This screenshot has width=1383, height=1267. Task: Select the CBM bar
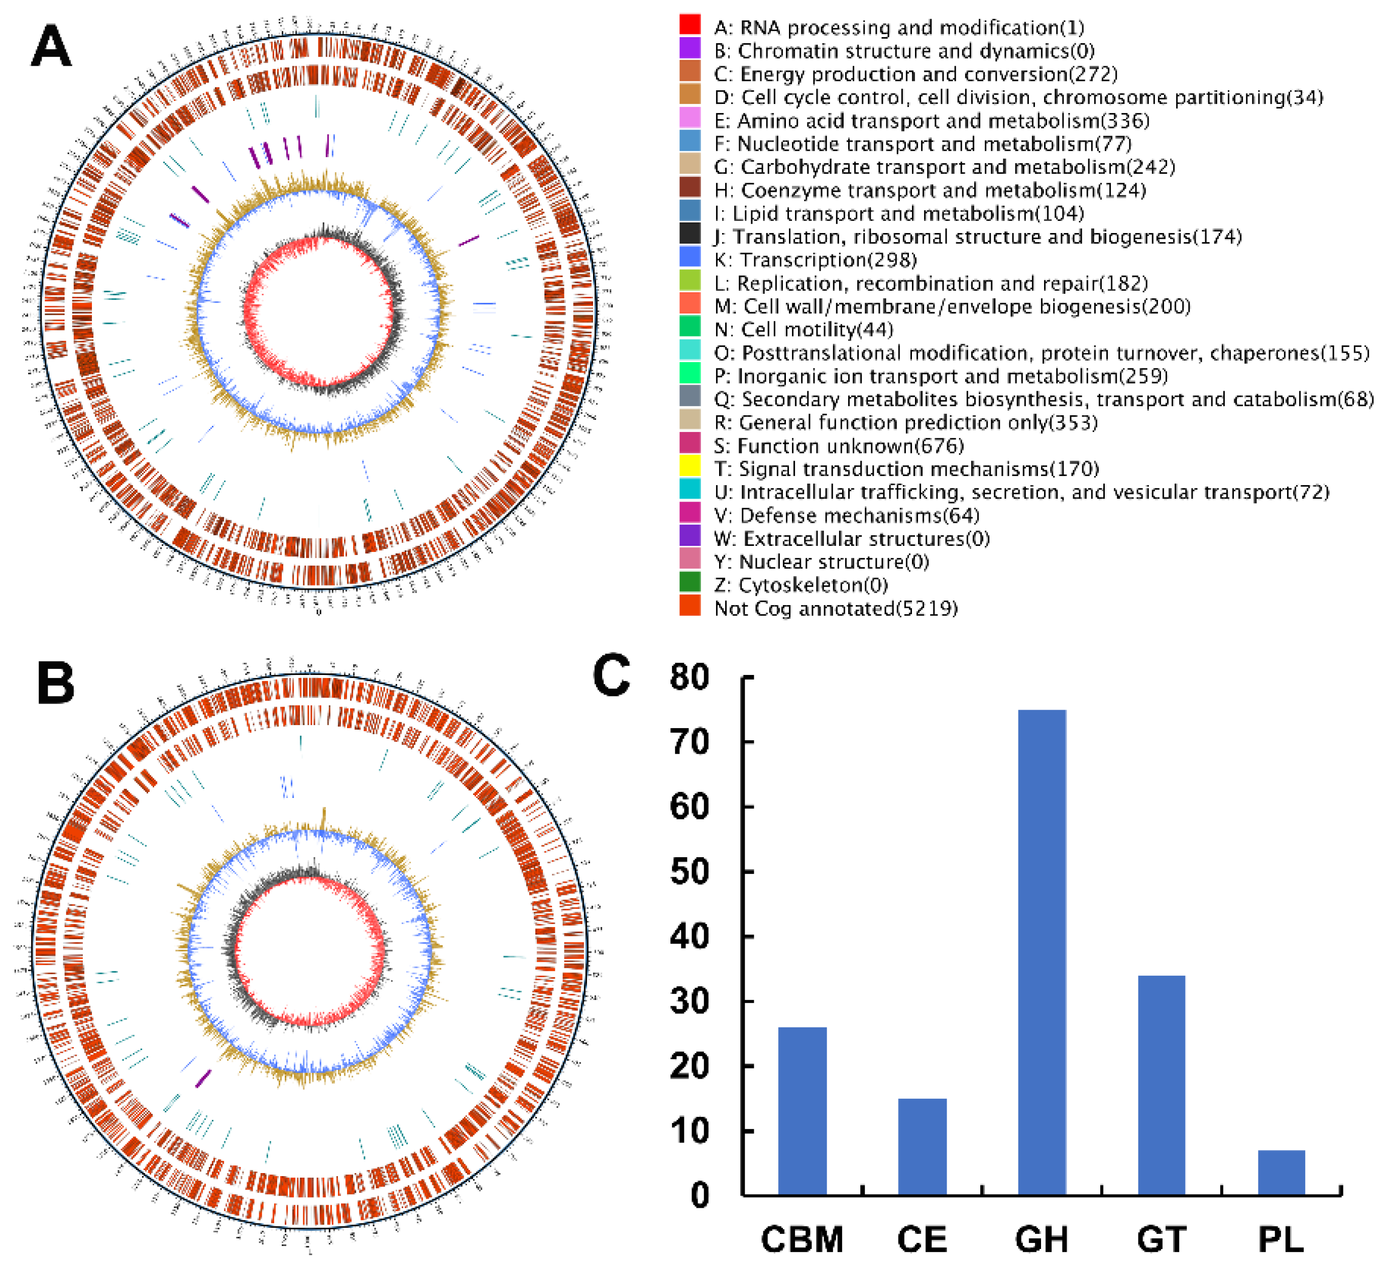tap(802, 1111)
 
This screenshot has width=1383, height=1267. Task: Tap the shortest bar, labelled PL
tap(1281, 1173)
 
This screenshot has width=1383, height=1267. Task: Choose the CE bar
tap(922, 1147)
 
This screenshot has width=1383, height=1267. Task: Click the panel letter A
tap(51, 47)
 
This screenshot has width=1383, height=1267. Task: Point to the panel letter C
tap(611, 675)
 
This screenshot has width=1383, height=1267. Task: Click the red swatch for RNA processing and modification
tap(689, 25)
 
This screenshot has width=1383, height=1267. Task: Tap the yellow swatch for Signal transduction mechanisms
tap(689, 467)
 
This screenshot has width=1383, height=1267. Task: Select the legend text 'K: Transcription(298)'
tap(815, 260)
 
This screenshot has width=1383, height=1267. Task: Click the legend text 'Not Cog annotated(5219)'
tap(836, 609)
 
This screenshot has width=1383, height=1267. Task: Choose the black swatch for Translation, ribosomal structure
tap(689, 234)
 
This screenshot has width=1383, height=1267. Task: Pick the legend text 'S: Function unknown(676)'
tap(838, 446)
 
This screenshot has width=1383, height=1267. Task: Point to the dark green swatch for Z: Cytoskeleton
tap(689, 583)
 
